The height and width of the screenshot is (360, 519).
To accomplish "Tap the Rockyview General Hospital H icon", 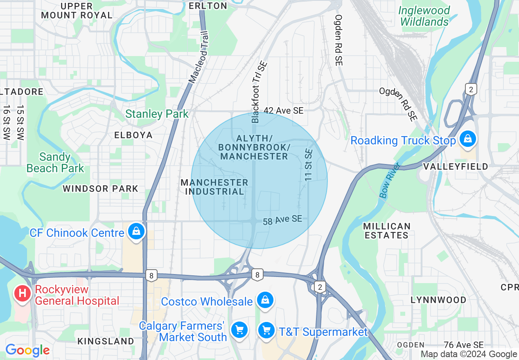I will click(x=23, y=293).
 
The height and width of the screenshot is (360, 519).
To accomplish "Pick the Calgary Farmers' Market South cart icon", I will click(x=239, y=329).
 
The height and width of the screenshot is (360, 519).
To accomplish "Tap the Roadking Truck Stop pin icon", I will click(x=468, y=139).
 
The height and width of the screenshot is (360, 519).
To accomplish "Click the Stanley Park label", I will click(x=157, y=114).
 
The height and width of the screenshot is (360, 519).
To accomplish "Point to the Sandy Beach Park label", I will click(x=55, y=162).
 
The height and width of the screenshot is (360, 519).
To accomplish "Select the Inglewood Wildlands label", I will click(x=424, y=16).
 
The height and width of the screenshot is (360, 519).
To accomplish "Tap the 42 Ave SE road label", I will click(x=283, y=110).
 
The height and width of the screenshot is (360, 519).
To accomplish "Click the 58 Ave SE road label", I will click(x=282, y=220).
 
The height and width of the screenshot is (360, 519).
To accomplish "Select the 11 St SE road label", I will click(x=309, y=165).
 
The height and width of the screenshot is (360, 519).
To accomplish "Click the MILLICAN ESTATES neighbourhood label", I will click(x=387, y=231).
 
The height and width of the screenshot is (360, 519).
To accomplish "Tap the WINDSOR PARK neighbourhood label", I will click(x=100, y=189).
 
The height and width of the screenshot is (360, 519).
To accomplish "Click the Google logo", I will click(x=27, y=350).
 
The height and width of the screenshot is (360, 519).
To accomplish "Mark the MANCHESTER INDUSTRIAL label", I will click(x=214, y=187).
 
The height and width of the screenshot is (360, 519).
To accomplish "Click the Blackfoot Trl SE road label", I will click(x=259, y=92).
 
